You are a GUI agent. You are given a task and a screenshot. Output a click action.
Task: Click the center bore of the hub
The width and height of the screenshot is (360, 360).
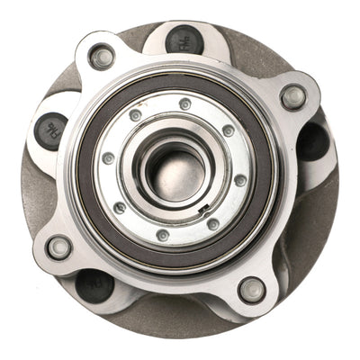click(x=175, y=170)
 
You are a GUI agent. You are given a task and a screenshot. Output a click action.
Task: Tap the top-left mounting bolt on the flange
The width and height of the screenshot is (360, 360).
click(x=103, y=57)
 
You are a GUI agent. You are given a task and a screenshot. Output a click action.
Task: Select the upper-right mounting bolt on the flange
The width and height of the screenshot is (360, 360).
click(x=293, y=96)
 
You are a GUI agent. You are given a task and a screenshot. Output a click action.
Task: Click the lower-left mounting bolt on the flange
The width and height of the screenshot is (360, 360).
click(x=59, y=247)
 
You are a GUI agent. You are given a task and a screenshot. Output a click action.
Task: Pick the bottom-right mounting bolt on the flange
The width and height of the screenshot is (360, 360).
click(x=252, y=289)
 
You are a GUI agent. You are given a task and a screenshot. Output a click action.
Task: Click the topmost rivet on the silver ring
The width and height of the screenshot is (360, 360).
click(x=184, y=104)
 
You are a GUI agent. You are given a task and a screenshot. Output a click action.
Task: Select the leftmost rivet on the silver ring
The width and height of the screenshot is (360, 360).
click(x=108, y=158)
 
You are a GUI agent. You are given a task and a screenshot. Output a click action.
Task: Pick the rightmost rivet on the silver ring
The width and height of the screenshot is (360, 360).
click(x=240, y=180)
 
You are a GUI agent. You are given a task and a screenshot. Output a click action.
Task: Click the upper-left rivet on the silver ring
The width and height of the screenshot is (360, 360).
click(x=136, y=115)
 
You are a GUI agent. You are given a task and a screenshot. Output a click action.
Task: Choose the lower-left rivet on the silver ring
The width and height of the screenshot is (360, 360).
click(x=120, y=208)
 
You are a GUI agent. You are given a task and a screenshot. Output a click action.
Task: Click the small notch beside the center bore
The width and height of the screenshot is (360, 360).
click(x=206, y=210)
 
